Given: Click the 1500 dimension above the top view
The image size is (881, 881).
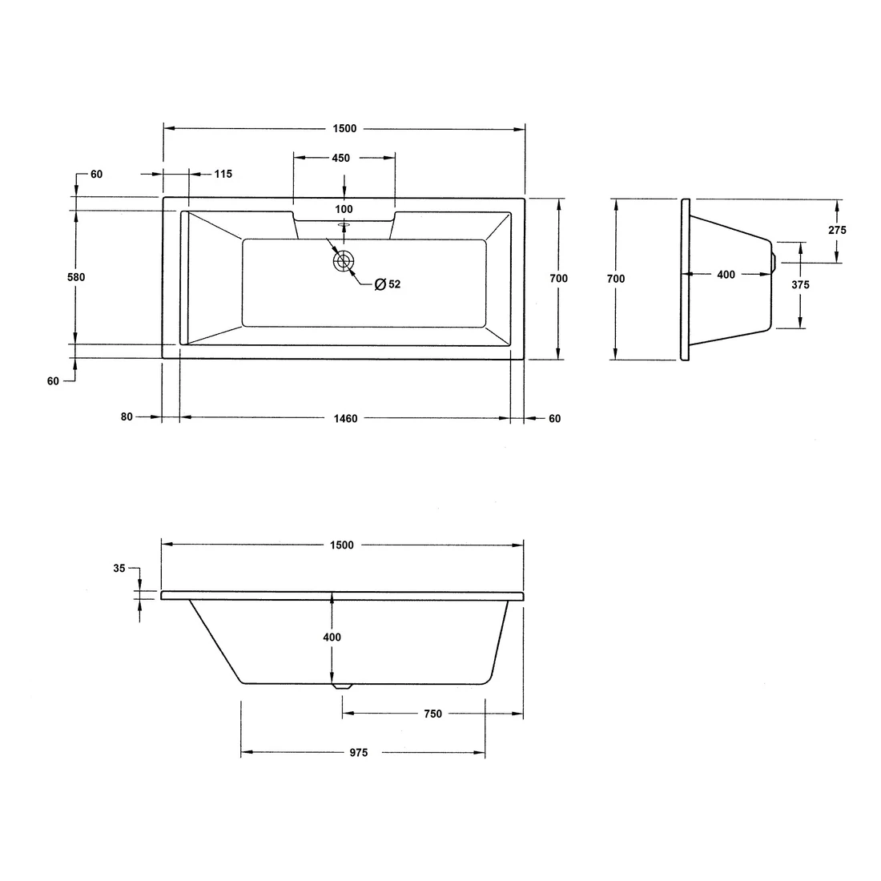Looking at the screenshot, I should (345, 129).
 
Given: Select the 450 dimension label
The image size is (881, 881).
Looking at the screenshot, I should (340, 158).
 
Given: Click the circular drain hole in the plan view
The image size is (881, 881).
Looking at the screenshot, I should (344, 261).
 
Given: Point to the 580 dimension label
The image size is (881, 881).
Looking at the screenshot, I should (75, 277).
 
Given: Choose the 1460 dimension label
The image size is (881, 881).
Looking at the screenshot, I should (345, 418).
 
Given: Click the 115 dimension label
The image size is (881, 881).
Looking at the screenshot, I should (223, 174).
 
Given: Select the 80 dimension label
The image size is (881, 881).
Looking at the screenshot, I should (127, 417).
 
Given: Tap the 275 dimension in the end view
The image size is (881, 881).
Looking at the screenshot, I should (837, 230).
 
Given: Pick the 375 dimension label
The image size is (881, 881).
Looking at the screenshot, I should (800, 284).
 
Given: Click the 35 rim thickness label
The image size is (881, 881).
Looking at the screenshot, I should (119, 568).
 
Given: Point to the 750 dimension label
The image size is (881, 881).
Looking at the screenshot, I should (432, 714).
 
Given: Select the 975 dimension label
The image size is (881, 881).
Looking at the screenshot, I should (358, 753).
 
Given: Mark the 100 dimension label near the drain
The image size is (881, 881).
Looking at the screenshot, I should (344, 209).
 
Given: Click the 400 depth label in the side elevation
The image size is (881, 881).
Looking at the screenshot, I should (332, 638).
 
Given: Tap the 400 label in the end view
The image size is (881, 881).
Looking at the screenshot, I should (726, 275).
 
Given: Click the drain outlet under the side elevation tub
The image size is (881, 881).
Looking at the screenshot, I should (342, 686).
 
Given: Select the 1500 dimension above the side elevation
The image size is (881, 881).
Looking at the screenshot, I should (341, 545).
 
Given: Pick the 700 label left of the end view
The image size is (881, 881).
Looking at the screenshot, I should (616, 279).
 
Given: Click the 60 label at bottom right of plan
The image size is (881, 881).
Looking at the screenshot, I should (555, 418).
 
